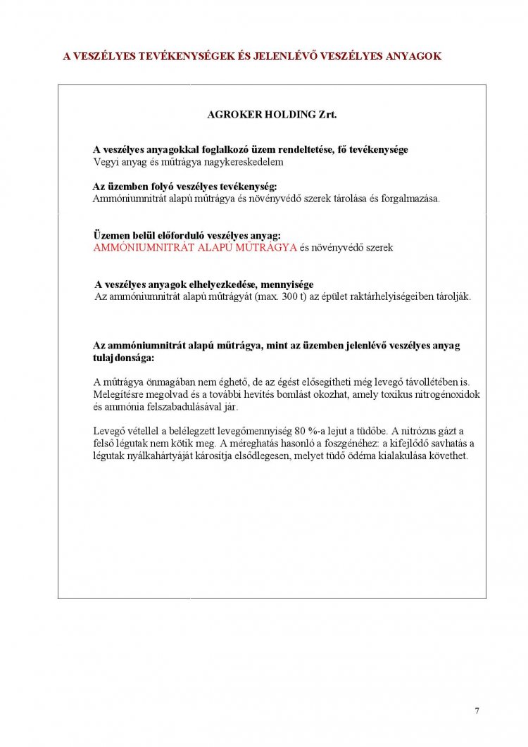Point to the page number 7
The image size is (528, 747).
(477, 710)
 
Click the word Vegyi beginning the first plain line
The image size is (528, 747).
(106, 161)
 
